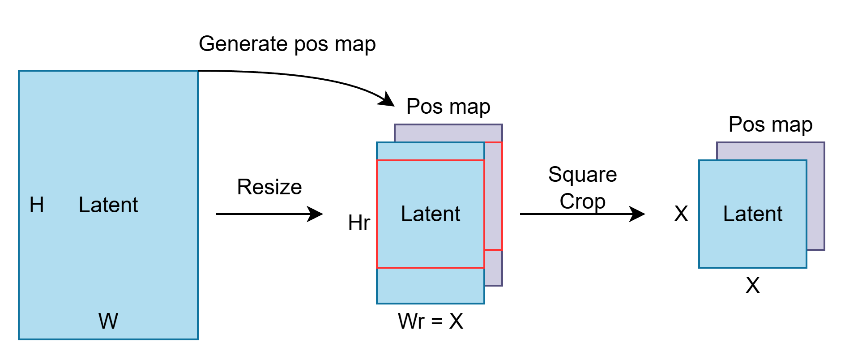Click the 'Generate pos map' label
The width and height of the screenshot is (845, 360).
[x=287, y=44]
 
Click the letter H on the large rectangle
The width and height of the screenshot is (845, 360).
[x=37, y=205]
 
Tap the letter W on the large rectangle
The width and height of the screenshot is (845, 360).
[x=108, y=321]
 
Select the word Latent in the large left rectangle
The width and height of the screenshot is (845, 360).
[x=108, y=205]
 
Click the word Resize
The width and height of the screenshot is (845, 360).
[x=269, y=187]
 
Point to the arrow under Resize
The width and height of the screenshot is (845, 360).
[x=269, y=214]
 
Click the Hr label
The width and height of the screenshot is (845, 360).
[x=359, y=223]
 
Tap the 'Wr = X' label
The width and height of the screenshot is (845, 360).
[x=430, y=321]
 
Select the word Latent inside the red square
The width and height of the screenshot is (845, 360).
[x=430, y=214]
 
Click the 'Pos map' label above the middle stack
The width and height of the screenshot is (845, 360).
[x=448, y=107]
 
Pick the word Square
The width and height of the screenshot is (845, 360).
[x=582, y=174]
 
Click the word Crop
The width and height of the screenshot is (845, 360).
[x=582, y=201]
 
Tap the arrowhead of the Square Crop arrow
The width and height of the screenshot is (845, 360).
[x=638, y=214]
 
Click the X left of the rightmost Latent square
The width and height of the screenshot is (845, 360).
[x=681, y=214]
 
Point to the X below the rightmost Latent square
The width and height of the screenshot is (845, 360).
[x=752, y=285]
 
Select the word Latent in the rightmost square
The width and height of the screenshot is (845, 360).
[x=752, y=214]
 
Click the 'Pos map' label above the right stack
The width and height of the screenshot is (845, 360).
[x=770, y=124]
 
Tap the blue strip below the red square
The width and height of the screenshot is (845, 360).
[x=430, y=286]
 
